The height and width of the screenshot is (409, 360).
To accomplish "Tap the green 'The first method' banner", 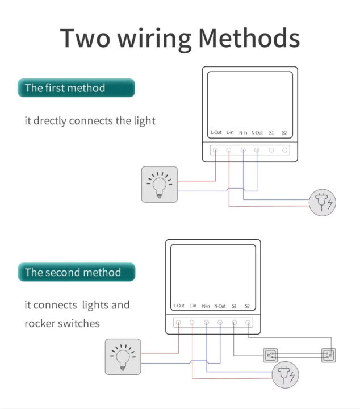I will (76, 88).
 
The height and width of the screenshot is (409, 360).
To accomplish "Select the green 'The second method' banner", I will (76, 272).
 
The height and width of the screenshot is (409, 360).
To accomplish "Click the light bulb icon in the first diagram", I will (159, 185).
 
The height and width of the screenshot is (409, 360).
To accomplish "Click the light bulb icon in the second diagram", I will (123, 356).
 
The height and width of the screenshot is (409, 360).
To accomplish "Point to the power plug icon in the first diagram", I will (323, 202).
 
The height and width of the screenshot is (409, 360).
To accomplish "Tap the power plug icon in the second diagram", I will (285, 375).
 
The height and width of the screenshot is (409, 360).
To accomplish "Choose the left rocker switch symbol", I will (270, 356).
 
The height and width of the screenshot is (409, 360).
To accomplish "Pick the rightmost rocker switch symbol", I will (329, 356).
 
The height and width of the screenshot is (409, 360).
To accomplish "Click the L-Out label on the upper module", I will (216, 133).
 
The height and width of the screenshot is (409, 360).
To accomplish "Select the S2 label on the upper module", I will (284, 133).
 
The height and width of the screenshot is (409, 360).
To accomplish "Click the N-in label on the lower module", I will (206, 306).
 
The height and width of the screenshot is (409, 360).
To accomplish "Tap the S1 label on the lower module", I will (234, 306).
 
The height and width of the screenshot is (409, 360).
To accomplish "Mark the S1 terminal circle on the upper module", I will (271, 151).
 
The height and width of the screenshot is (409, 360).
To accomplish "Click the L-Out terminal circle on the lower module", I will (178, 323).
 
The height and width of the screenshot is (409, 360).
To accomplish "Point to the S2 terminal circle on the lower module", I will (248, 323).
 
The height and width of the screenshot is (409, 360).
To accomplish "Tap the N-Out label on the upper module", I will (257, 133).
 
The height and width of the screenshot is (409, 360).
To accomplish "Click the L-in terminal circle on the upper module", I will (229, 151).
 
